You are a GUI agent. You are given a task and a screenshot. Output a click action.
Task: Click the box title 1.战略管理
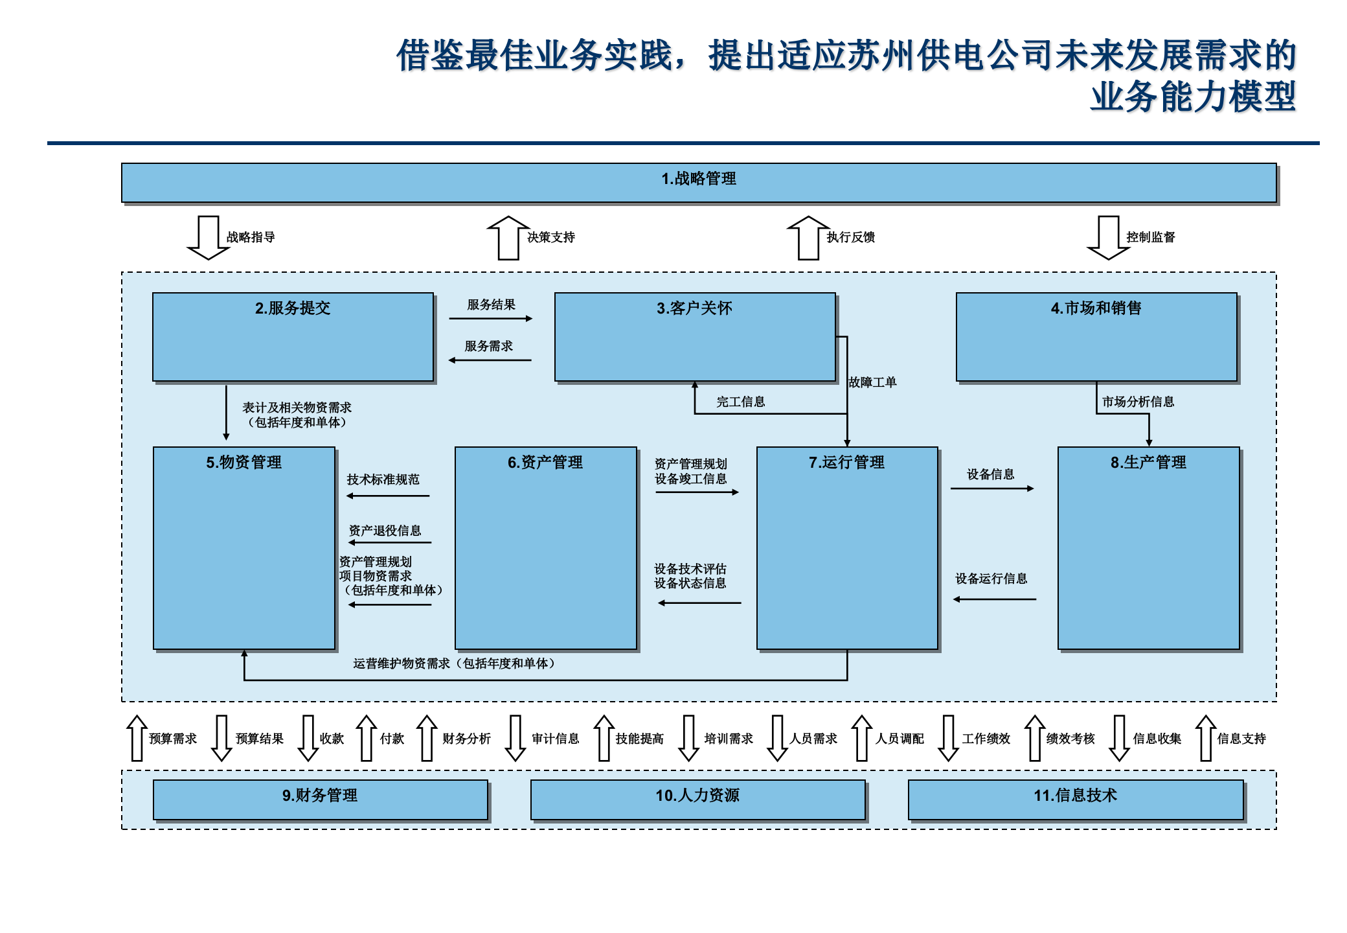[x=698, y=179]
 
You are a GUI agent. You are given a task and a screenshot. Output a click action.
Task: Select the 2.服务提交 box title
[x=292, y=308]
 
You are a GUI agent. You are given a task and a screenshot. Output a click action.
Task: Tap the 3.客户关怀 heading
[x=694, y=308]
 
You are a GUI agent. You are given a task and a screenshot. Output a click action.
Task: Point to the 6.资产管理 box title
[x=545, y=463]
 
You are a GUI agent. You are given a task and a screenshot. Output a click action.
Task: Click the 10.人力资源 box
[x=697, y=800]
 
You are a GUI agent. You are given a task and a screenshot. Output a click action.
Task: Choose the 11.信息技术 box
[x=1075, y=800]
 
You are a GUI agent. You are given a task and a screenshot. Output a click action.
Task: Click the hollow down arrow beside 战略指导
[x=208, y=238]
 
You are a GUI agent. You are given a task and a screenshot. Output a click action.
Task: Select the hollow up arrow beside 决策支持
[x=508, y=238]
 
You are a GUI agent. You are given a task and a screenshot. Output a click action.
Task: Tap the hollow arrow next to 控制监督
[x=1108, y=238]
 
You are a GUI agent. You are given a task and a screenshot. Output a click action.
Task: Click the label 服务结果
[x=491, y=305]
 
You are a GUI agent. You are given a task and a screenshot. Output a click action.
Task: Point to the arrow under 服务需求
[x=490, y=360]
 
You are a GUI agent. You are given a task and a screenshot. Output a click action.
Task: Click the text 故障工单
[x=872, y=382]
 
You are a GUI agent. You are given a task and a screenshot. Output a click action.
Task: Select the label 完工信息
[x=740, y=402]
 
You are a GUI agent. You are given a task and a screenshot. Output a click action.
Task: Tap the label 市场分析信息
[x=1138, y=402]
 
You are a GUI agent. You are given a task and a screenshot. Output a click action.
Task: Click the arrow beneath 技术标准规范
[x=388, y=496]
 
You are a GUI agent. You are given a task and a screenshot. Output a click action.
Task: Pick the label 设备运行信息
[x=991, y=579]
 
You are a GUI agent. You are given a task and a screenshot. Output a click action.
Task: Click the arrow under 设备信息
[x=991, y=489]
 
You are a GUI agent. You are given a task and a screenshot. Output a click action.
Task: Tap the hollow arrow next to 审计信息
[x=515, y=738]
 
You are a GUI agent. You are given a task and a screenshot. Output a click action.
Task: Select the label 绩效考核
[x=1070, y=739]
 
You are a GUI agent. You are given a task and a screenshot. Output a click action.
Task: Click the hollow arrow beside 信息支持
[x=1205, y=738]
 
